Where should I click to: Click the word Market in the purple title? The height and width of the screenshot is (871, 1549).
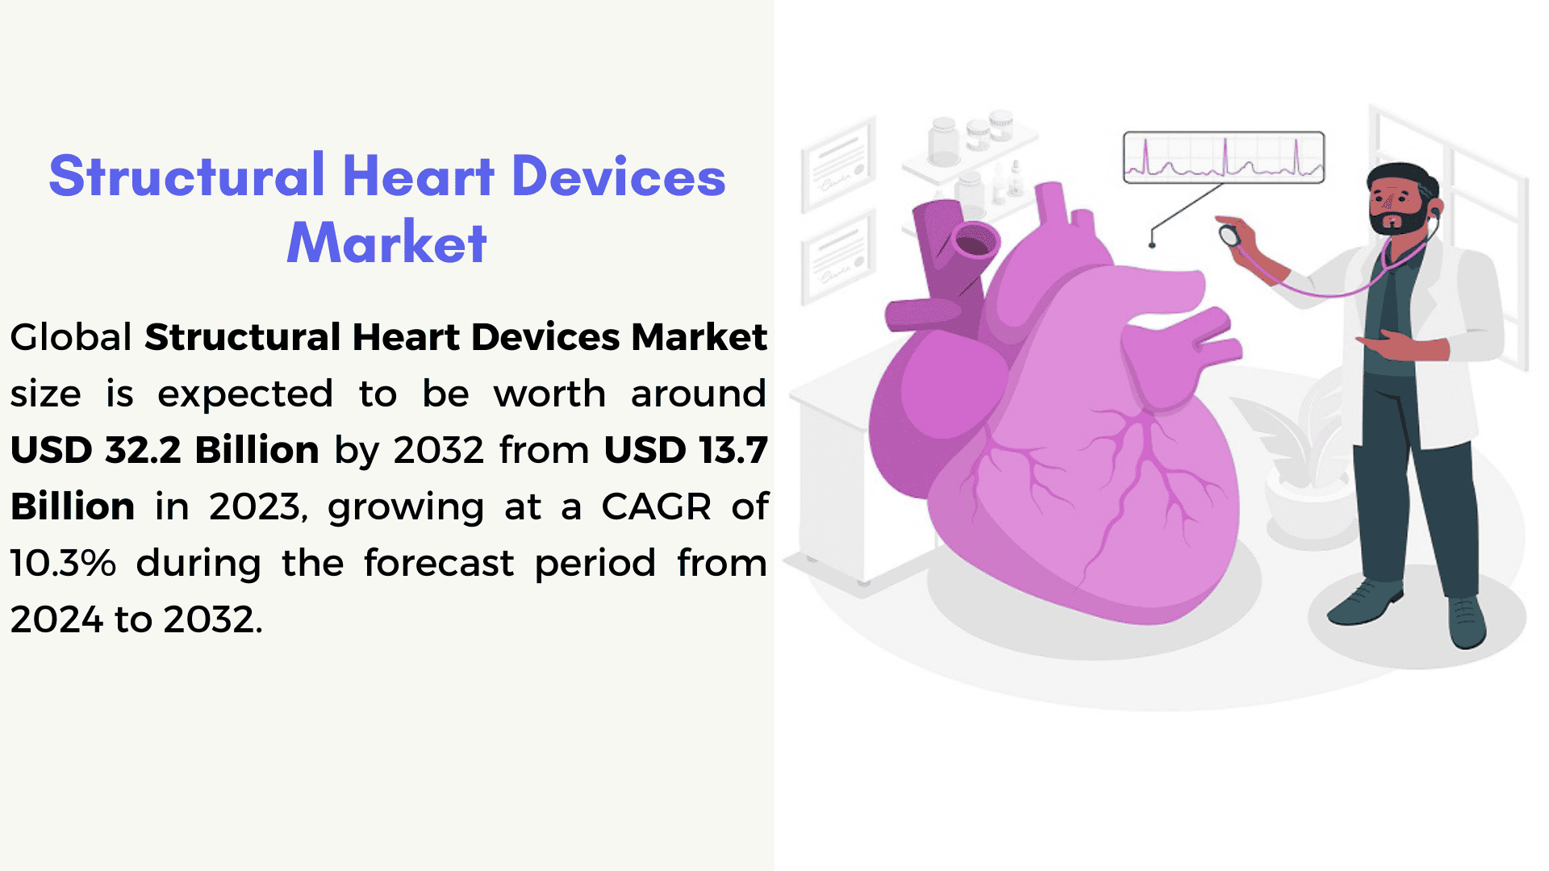[x=386, y=242]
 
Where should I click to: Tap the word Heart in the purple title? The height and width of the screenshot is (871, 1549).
[x=418, y=176]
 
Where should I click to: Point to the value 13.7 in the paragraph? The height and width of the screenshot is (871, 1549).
[x=733, y=450]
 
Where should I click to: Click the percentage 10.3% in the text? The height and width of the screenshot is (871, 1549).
[x=63, y=563]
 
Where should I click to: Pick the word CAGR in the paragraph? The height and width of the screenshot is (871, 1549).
[x=656, y=506]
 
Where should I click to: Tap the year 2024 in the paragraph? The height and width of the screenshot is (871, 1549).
[x=56, y=619]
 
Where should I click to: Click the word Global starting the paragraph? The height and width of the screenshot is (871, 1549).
[x=71, y=337]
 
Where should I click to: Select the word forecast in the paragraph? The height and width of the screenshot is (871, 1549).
[x=438, y=563]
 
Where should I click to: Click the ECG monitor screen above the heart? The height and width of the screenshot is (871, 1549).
[x=1223, y=157]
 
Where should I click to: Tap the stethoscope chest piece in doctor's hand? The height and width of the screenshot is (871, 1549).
[x=1230, y=235]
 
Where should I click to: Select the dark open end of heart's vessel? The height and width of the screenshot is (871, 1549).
[x=975, y=243]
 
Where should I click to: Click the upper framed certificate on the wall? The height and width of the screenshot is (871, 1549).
[x=838, y=165]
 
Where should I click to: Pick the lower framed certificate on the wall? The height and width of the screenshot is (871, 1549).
[x=838, y=257]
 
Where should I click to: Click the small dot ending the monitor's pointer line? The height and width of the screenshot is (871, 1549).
[x=1152, y=244]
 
